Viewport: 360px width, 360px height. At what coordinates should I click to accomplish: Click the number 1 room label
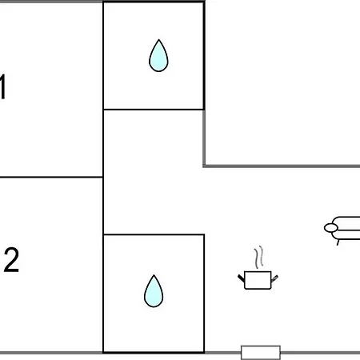[2, 87]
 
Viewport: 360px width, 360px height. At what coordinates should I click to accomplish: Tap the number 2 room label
[11, 260]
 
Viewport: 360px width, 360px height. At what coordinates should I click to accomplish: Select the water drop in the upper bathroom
[158, 55]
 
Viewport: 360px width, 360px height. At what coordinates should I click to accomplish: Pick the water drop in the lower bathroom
[154, 291]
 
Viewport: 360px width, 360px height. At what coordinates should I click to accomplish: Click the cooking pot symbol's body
[258, 280]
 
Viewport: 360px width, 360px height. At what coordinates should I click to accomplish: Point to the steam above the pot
[258, 258]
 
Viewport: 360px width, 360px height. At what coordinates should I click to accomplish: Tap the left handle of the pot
[241, 278]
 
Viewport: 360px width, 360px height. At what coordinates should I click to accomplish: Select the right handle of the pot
[274, 278]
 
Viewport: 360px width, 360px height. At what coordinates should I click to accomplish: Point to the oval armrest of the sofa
[331, 228]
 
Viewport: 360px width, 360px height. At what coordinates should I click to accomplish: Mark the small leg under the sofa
[338, 242]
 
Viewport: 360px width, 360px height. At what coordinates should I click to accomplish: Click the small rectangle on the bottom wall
[261, 353]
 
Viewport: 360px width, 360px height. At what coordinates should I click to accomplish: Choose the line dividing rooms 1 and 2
[51, 177]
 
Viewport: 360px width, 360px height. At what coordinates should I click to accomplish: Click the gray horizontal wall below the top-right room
[282, 166]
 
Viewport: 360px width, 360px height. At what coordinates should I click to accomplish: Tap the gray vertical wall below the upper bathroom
[204, 138]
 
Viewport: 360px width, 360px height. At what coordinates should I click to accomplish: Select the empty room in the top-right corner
[282, 82]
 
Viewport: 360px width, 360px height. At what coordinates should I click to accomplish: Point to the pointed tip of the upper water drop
[159, 40]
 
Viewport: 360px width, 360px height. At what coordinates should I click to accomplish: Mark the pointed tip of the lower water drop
[154, 275]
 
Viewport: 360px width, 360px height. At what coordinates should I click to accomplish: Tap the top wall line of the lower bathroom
[154, 234]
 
